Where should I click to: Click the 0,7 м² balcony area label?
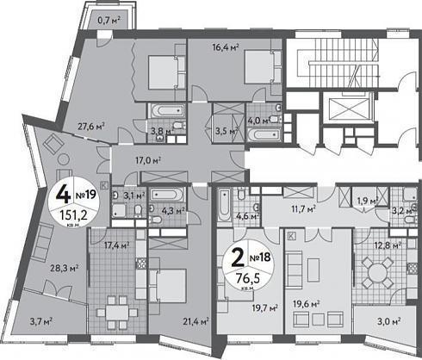click(109, 20)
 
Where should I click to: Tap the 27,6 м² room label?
click(90, 126)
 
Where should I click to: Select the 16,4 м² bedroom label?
click(226, 47)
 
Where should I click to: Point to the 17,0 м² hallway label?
click(148, 160)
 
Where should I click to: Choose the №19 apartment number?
click(86, 196)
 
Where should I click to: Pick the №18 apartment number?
click(260, 257)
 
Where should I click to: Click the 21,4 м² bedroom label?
click(195, 321)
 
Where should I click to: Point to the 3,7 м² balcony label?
click(40, 321)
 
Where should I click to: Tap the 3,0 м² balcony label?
click(389, 321)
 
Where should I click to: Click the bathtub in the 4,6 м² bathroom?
click(224, 205)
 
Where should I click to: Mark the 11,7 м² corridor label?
click(304, 208)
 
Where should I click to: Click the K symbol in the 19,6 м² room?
click(291, 236)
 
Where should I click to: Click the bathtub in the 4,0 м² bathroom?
click(265, 134)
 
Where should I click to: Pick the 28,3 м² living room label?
click(65, 269)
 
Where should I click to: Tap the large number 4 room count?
click(63, 194)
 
